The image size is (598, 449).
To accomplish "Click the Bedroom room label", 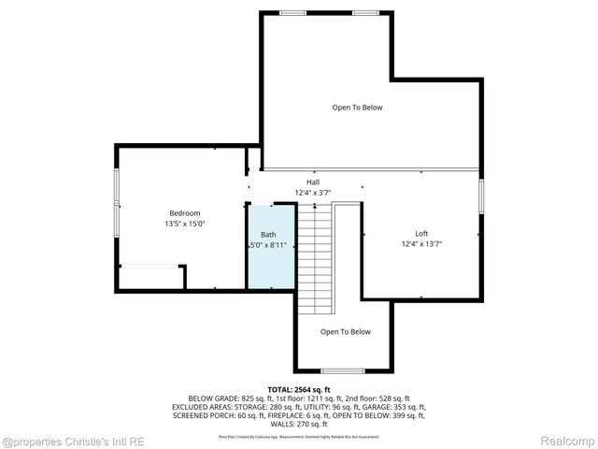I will pos(184,213).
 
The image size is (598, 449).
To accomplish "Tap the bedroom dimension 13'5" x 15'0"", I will pos(184,224).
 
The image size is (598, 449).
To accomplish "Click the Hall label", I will pos(312,182).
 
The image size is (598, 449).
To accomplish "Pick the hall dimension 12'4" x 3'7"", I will pos(312,193).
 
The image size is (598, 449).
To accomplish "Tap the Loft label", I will pos(421,234).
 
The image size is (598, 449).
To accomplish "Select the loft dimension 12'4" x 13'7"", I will pos(421,245).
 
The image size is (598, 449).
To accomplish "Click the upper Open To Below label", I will pos(357,108).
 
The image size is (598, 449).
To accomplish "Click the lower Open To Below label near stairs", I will pos(345,332).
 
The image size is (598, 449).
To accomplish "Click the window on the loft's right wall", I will pos(482,197).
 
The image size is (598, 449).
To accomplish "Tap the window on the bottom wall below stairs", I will pos(343,370).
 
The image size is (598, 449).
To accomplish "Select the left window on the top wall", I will pos(292,12).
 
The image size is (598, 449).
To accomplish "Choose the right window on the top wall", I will pos(366,12).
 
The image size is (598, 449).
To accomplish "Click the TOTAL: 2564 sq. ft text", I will pos(299,389).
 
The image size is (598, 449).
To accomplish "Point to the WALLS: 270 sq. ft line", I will pos(299,425).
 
